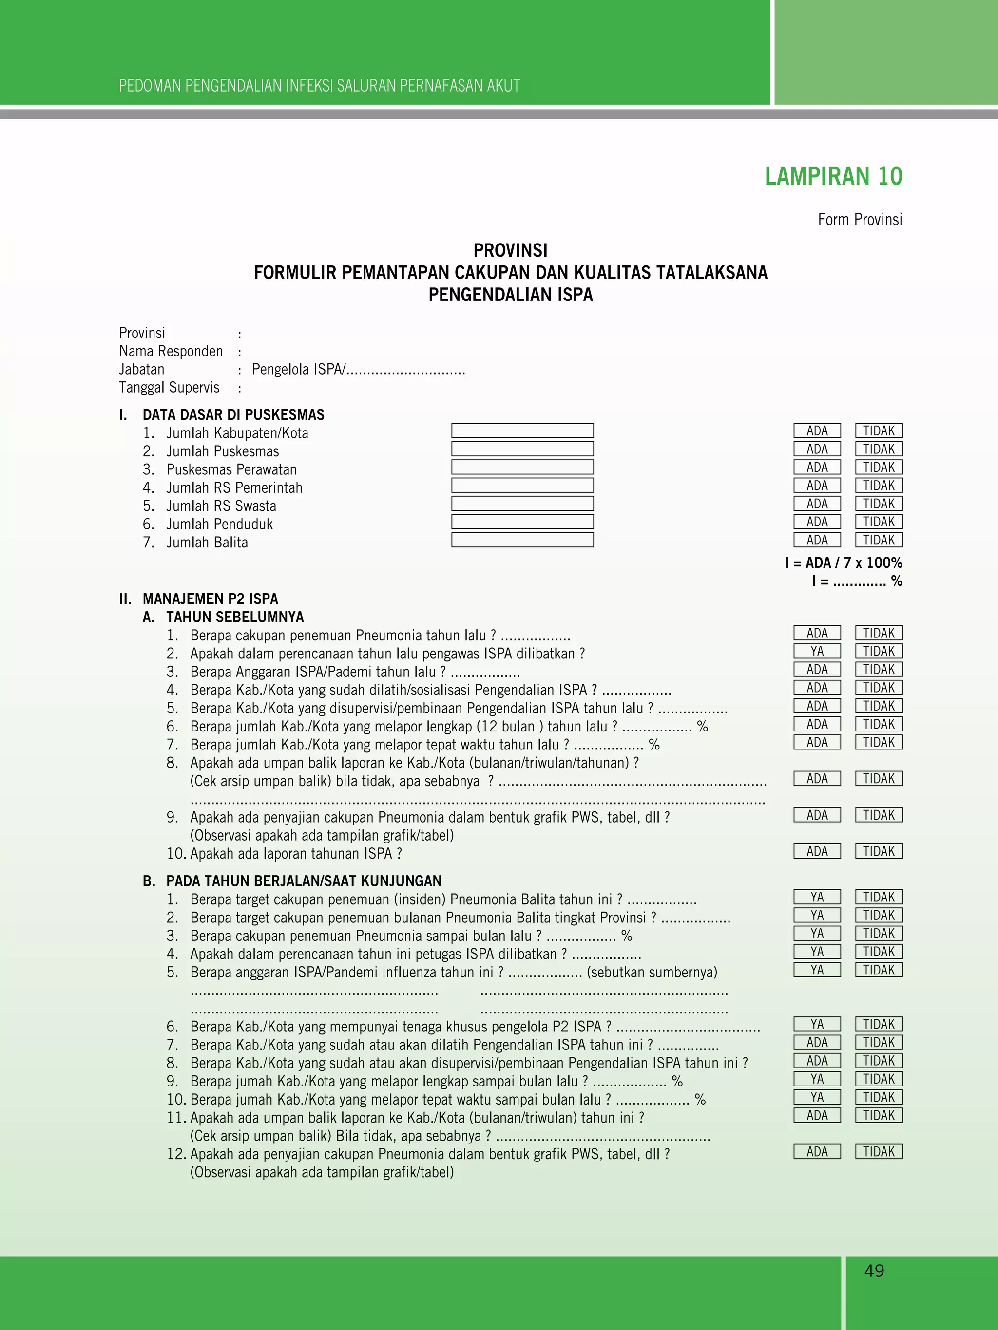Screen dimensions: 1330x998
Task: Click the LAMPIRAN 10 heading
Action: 833,176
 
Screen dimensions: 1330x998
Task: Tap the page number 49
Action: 874,1271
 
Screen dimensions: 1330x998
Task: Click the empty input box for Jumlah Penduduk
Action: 522,521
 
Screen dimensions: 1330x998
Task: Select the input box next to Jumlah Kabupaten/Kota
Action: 522,431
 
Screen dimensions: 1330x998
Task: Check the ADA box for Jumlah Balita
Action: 817,540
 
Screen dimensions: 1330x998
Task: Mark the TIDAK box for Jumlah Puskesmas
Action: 879,449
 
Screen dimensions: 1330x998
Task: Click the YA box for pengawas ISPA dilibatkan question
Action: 817,651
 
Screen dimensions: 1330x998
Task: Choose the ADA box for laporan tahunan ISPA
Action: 817,851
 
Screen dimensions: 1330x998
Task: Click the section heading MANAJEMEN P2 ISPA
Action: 210,599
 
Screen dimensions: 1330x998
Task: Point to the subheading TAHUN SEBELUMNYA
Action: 234,617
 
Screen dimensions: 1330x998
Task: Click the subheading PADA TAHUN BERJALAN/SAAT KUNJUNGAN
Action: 304,881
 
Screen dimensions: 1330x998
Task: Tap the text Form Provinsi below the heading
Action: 860,220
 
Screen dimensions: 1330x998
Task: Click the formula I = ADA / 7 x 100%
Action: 844,563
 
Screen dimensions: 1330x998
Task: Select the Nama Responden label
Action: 171,351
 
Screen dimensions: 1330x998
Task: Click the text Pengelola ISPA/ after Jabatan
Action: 298,369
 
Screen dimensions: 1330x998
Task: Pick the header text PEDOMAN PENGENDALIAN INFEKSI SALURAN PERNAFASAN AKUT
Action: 320,86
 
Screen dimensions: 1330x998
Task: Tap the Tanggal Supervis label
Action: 169,387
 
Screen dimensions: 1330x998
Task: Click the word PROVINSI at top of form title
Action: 510,250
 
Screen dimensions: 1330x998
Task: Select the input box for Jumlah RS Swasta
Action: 522,503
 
